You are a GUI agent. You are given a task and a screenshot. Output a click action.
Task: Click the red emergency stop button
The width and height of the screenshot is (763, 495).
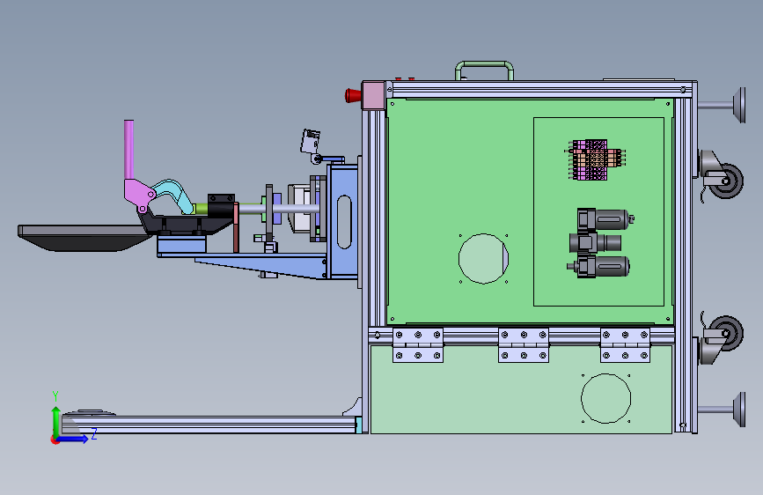[x=353, y=95]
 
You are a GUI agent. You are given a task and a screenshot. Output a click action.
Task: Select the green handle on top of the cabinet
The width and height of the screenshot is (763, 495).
[x=484, y=63]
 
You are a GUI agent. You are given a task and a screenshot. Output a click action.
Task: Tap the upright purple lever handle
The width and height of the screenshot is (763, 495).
[x=129, y=150]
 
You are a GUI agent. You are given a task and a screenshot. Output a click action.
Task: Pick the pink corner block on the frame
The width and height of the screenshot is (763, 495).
[x=373, y=96]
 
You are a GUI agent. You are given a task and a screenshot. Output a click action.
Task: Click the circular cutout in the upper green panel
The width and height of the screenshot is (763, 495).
[x=483, y=259]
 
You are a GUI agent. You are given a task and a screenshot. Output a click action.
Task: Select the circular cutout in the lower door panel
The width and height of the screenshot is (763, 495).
[x=605, y=398]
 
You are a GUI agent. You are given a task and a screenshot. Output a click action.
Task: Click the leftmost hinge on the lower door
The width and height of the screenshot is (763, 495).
[x=418, y=345]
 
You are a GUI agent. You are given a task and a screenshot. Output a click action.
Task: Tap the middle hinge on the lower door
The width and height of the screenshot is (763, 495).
[x=524, y=345]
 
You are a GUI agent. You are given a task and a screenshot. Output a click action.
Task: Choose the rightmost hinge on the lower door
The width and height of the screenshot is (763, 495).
[x=626, y=345]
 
